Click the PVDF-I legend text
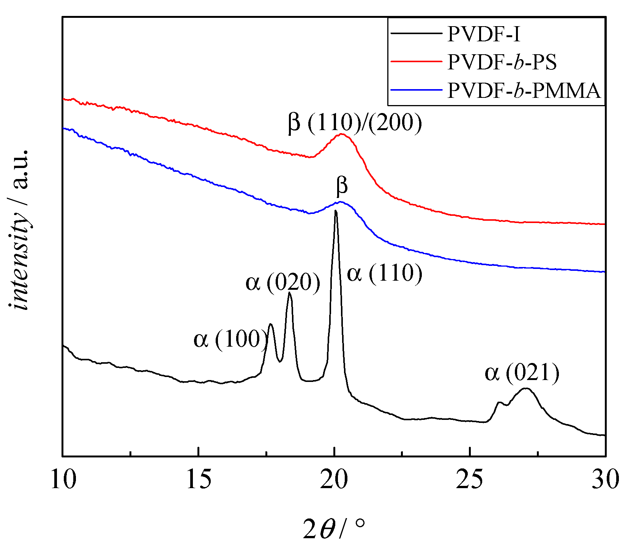point(483,34)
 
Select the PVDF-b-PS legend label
point(502,62)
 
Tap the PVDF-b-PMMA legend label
point(524,90)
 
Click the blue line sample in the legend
point(416,90)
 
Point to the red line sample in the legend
point(416,62)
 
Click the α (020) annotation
point(283,283)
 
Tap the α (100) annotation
point(230,339)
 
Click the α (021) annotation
point(522,372)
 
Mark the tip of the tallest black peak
point(336,211)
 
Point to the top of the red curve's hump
point(341,134)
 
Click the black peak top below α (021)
point(525,388)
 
